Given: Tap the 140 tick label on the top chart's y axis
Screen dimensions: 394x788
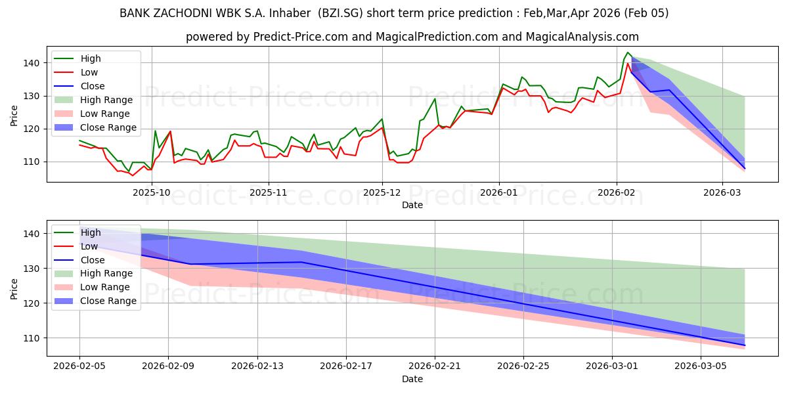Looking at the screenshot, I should (33, 63).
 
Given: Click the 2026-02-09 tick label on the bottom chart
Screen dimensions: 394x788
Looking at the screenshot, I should (168, 364).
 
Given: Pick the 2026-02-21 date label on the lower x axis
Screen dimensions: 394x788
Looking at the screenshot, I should (435, 364).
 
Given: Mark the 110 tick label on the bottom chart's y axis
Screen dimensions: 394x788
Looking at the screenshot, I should (33, 338).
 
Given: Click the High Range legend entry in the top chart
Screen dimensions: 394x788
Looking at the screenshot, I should (106, 100).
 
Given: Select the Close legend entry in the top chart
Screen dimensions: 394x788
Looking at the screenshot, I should (93, 86).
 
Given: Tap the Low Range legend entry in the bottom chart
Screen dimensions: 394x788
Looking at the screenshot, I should (105, 287).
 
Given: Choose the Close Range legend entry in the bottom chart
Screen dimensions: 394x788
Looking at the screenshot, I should (108, 301).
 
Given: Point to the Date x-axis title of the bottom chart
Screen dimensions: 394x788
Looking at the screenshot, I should (412, 379).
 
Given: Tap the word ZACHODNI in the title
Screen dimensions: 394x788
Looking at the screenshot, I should (186, 13).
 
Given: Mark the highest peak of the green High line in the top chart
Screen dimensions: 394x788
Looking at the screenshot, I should (628, 53).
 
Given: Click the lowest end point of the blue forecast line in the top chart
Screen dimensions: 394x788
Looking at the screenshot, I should (745, 169).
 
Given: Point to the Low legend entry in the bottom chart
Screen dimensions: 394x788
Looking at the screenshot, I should (90, 246).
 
